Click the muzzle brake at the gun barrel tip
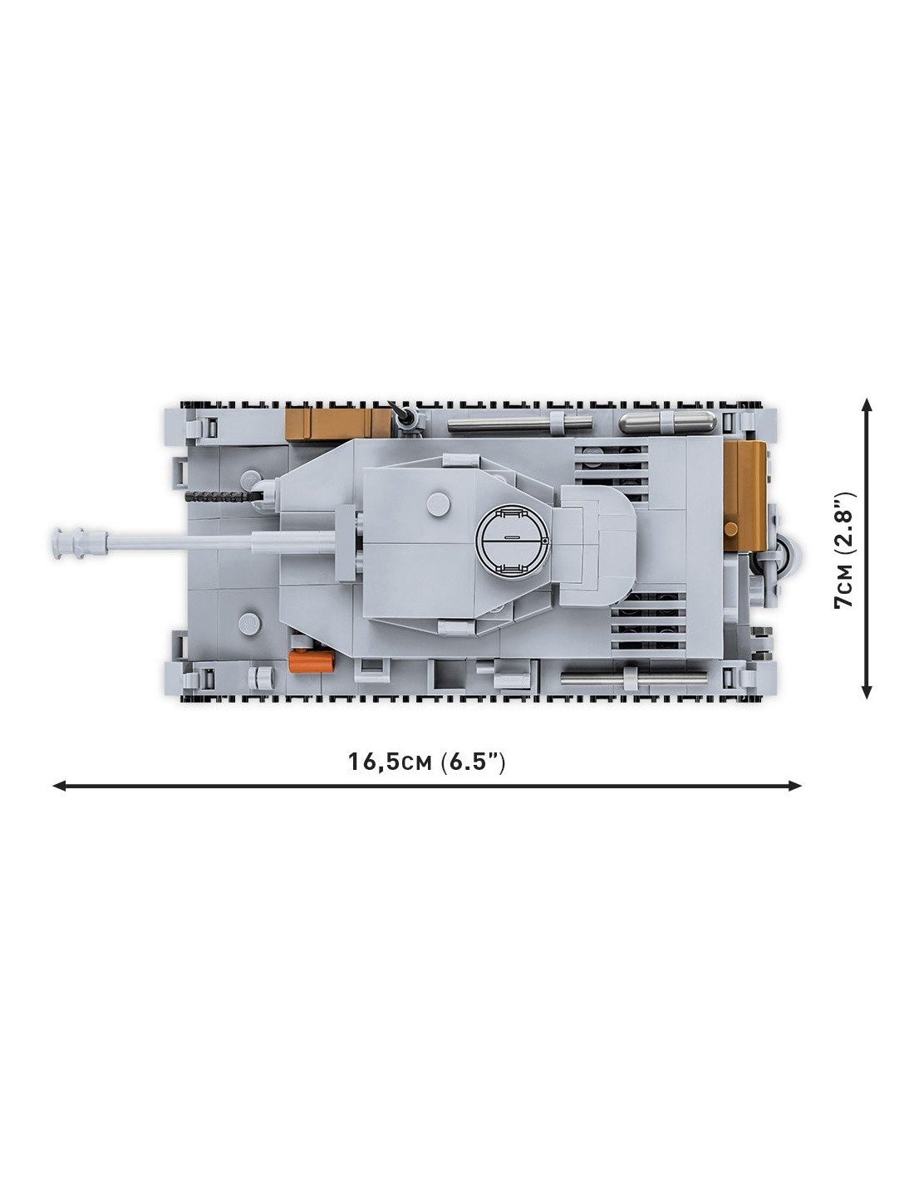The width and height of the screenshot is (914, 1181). [79, 540]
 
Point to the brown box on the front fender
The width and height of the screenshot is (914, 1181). [337, 422]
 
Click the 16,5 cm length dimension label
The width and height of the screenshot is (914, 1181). [426, 762]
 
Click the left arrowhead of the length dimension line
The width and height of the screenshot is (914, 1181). [59, 786]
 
